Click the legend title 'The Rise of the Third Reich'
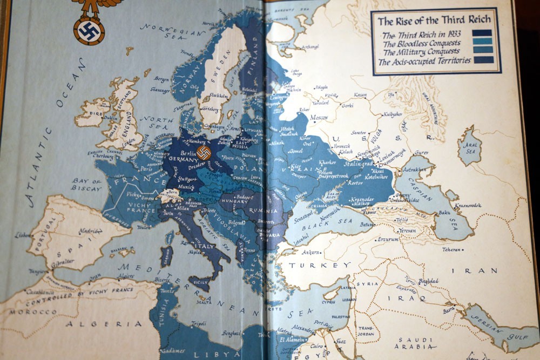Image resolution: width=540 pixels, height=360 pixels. click(x=434, y=21)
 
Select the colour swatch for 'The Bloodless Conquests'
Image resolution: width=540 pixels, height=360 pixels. click(x=482, y=42)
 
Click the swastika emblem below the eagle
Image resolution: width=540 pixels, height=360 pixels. click(x=89, y=30)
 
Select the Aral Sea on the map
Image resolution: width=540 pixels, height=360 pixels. click(x=469, y=145)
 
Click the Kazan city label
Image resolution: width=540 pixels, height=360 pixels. click(x=360, y=96)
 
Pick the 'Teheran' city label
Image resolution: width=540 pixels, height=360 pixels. click(x=451, y=249)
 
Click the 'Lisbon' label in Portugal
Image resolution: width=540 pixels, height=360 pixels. click(x=23, y=235)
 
